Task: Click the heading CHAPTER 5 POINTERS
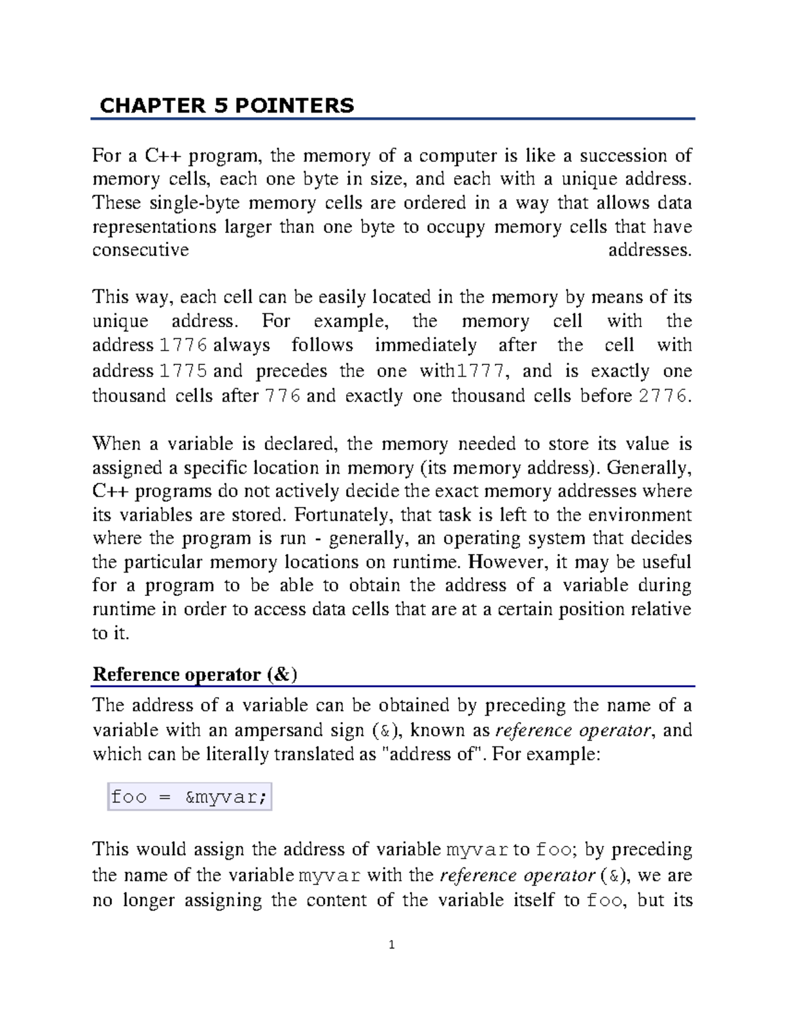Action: click(226, 105)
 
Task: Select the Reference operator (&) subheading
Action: click(195, 674)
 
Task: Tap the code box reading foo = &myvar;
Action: click(189, 797)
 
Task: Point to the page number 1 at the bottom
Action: click(391, 945)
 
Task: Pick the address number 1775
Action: click(184, 372)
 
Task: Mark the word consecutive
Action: click(141, 250)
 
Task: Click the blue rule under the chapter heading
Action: click(392, 119)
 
